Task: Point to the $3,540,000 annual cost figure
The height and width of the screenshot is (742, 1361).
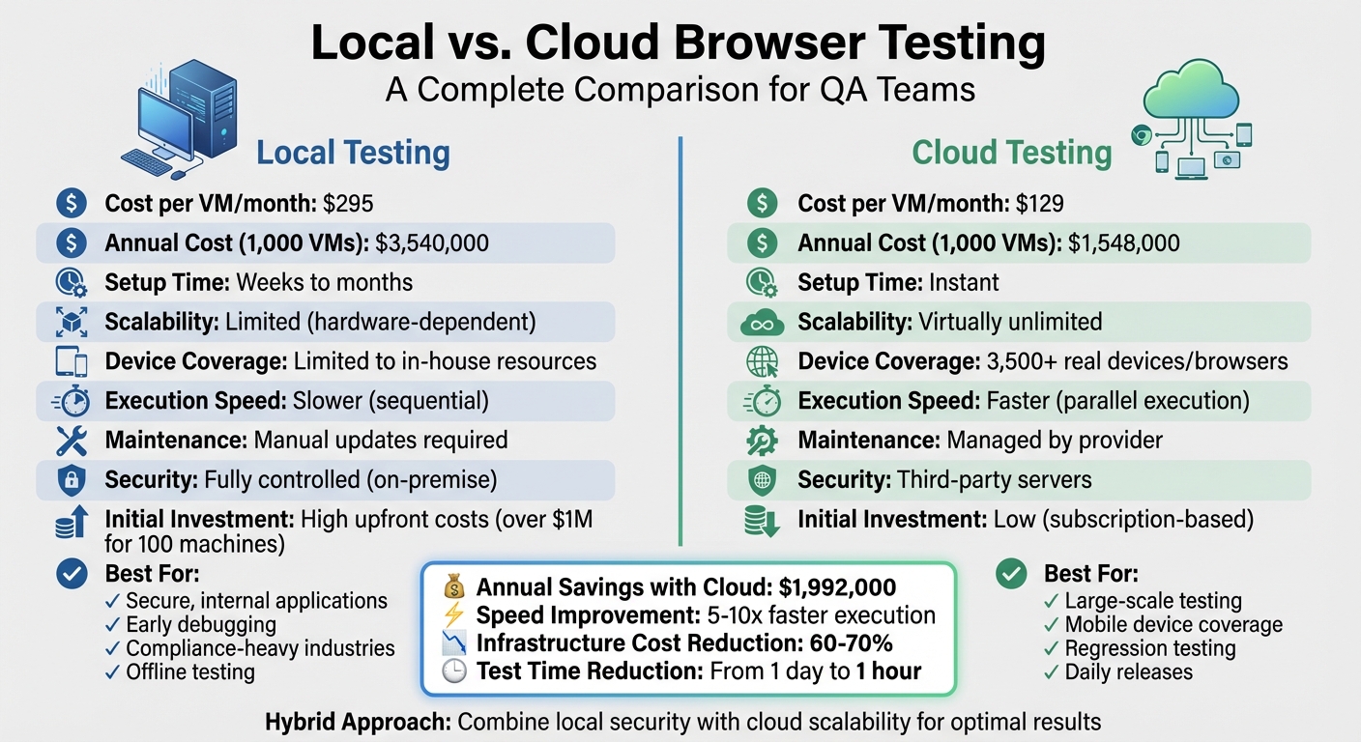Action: point(433,243)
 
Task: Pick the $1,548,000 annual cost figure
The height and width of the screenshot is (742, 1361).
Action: point(1124,243)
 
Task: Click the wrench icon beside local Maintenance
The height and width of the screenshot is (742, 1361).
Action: point(72,441)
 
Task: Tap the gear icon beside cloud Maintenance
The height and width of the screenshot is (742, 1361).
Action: point(762,441)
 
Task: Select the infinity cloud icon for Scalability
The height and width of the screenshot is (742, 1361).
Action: point(762,322)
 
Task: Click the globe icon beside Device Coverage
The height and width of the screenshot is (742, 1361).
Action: point(762,361)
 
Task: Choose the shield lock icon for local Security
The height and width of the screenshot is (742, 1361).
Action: point(72,480)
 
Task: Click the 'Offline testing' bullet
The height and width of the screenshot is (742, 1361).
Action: point(189,672)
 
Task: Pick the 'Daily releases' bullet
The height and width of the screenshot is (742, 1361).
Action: point(1128,672)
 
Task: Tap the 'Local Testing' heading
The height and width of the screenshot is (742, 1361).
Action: point(353,153)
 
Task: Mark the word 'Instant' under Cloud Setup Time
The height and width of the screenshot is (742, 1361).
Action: point(964,282)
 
